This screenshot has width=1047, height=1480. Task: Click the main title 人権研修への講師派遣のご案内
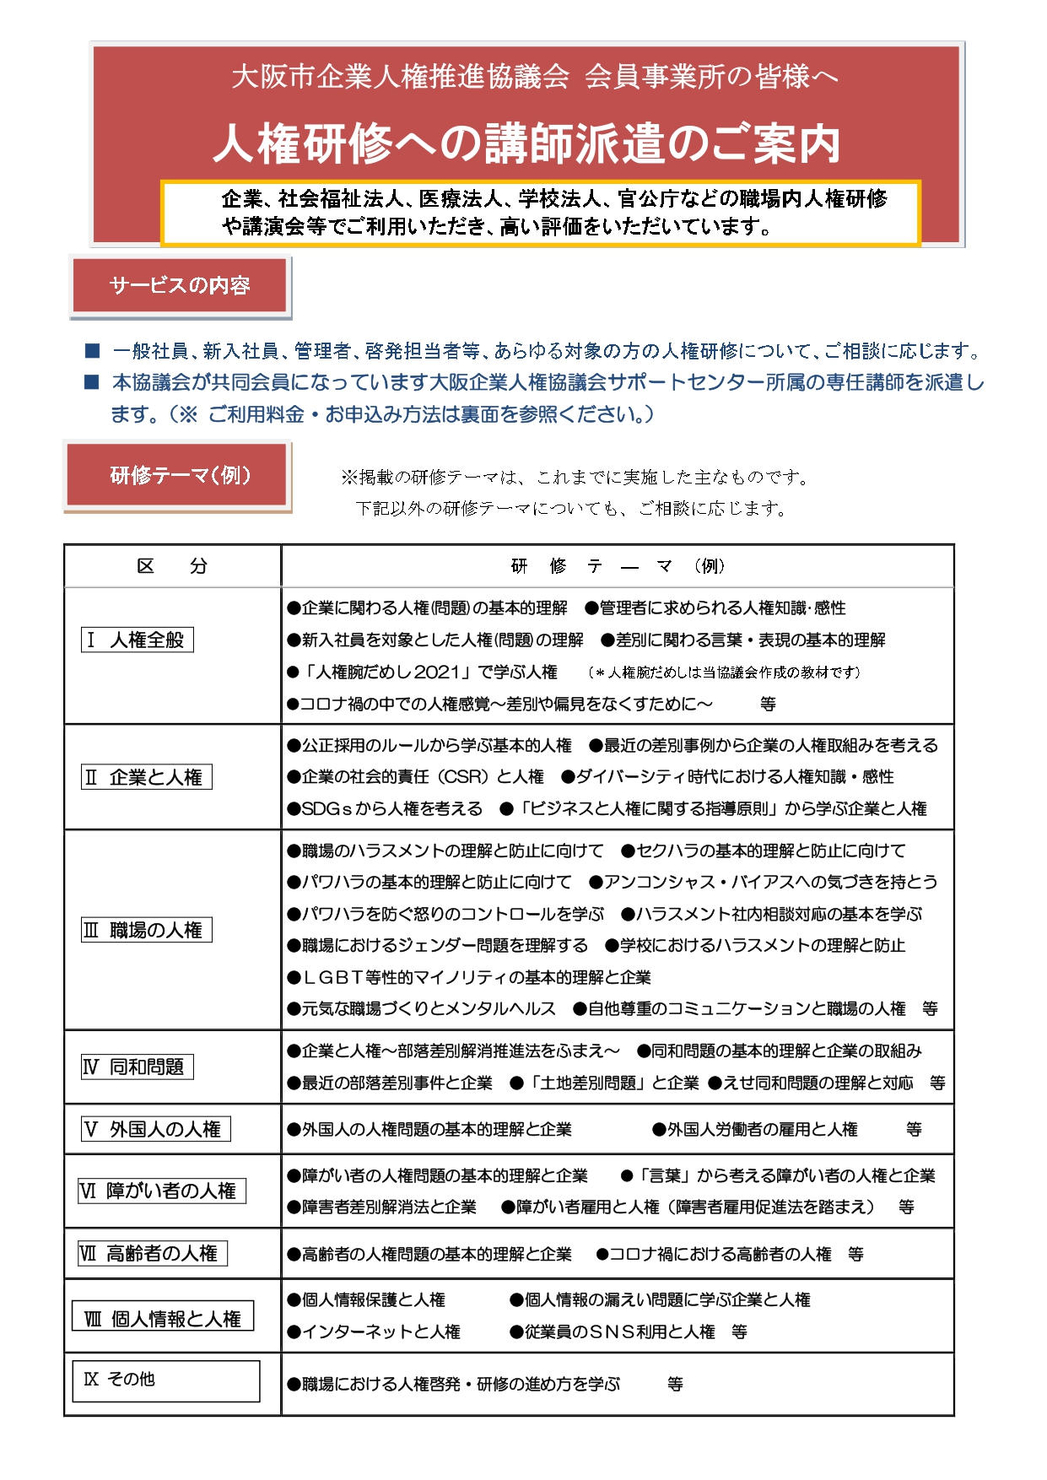tap(526, 143)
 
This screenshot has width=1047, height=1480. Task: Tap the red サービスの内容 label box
tap(180, 286)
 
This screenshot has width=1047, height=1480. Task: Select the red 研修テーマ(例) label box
tap(180, 476)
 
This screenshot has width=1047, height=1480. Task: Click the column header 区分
tap(172, 566)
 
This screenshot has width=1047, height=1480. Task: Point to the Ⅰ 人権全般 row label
tap(138, 640)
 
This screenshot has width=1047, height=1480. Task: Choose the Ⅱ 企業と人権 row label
tap(147, 777)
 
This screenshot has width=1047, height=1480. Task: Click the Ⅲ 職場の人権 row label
tap(147, 930)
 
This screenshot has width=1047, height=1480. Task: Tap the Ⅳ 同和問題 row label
tap(138, 1067)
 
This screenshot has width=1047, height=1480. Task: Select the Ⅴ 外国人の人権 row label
tap(156, 1129)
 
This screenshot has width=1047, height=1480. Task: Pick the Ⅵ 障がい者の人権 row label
tap(161, 1191)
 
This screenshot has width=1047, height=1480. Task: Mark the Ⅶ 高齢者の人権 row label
tap(153, 1254)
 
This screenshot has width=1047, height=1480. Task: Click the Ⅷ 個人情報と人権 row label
tap(163, 1318)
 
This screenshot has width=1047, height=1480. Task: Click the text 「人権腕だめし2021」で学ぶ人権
tap(430, 672)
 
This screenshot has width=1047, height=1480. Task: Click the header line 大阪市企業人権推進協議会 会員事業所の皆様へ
tap(535, 77)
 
